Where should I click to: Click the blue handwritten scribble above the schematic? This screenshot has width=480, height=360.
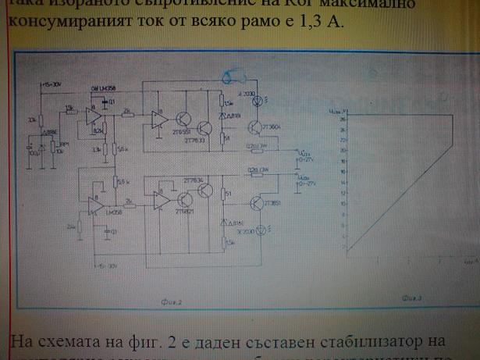pos(234,77)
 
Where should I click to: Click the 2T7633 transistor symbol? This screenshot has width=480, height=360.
pos(204,129)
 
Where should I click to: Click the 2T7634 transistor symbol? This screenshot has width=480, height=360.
pos(204,192)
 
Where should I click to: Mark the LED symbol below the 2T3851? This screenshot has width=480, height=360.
pos(260,229)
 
